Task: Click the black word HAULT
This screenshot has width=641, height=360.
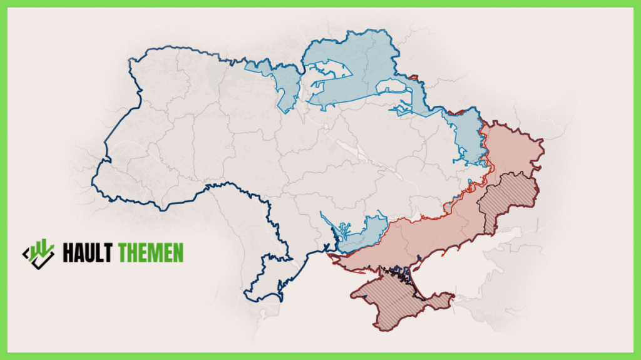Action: point(87,253)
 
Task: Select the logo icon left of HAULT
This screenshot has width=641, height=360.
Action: point(39,253)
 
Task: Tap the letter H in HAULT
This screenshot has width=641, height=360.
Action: point(68,253)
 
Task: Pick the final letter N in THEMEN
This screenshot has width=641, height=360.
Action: point(178,253)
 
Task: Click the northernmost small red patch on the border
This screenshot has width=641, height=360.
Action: point(413,78)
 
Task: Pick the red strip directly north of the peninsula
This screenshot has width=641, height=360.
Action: point(376,263)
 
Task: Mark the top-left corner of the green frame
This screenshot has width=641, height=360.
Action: point(3,3)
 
